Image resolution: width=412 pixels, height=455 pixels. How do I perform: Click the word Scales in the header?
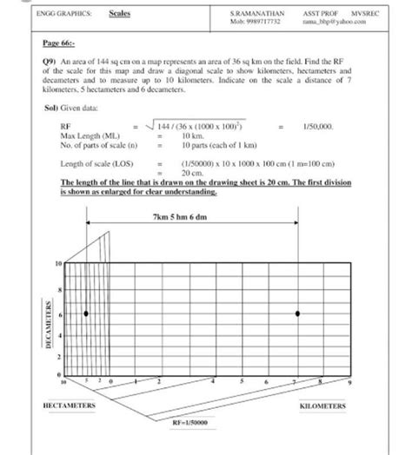[119, 15]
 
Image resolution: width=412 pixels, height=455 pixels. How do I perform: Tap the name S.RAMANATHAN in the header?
[254, 14]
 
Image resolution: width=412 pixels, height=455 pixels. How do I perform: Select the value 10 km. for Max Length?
[193, 135]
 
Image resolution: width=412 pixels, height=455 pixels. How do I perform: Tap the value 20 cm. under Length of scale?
[191, 172]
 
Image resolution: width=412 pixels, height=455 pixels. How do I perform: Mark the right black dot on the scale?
[297, 313]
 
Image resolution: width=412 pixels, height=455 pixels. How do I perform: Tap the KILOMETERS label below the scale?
[322, 406]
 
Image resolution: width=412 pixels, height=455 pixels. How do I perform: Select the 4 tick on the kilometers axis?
[214, 381]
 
